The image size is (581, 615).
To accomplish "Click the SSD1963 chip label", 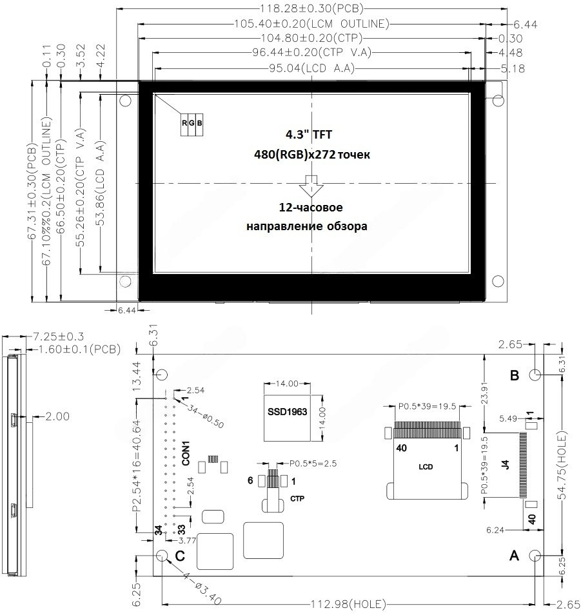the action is [287, 412].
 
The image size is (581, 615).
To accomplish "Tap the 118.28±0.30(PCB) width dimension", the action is [312, 8].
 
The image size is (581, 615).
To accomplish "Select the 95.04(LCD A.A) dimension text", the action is [312, 68].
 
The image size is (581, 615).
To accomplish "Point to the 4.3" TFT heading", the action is [309, 135].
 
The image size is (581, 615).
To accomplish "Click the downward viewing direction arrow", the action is [311, 186].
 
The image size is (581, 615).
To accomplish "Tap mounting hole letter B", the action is [515, 375].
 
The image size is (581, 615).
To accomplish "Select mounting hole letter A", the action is [514, 556].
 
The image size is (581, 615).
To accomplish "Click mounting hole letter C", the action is [180, 556].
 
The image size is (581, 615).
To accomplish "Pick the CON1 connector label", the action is [186, 454].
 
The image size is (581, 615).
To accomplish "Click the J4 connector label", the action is [506, 465].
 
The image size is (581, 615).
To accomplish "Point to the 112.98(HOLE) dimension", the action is [348, 603].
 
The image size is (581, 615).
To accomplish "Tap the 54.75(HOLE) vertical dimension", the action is [562, 465].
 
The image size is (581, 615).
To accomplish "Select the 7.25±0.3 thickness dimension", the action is [58, 337].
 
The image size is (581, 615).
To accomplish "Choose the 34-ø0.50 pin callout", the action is [205, 416].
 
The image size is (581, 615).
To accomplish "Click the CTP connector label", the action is [297, 498].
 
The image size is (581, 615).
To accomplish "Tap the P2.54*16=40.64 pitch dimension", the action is [137, 466].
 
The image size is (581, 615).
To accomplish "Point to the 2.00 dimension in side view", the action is [57, 416].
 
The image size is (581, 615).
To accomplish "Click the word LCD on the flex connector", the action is [426, 467].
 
